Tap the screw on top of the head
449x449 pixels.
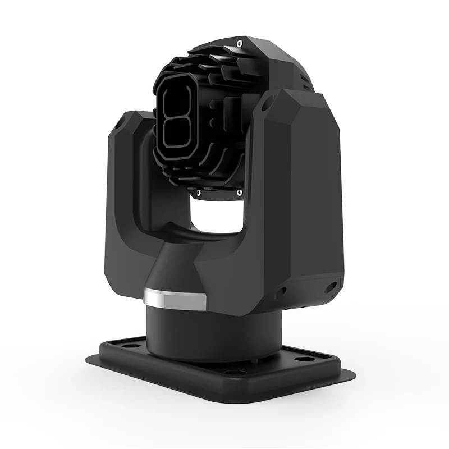240,43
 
